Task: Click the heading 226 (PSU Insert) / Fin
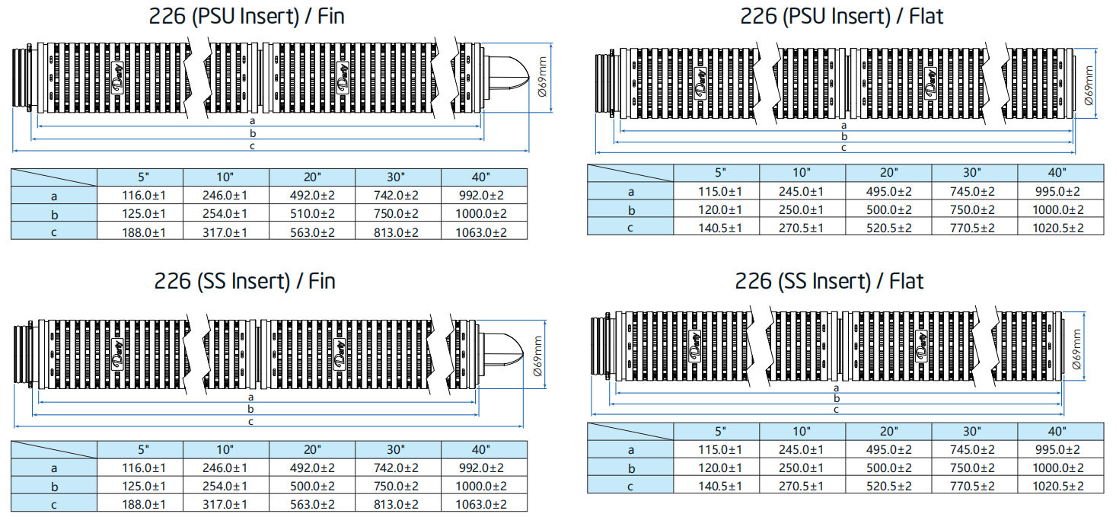point(247,17)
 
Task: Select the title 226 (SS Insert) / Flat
point(829,281)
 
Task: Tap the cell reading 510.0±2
point(312,213)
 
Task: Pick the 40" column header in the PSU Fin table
point(481,177)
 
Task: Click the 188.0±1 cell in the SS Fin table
point(143,505)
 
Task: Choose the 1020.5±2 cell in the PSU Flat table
point(1057,228)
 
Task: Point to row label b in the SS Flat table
point(631,468)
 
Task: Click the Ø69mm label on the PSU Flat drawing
point(1089,85)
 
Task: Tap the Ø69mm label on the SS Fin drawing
point(537,356)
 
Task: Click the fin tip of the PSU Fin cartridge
point(528,78)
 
